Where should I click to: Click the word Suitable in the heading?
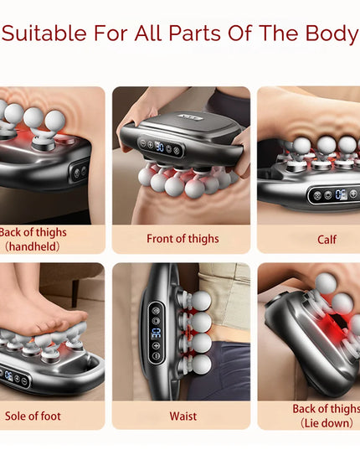tap(44, 33)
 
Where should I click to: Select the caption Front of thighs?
tap(183, 239)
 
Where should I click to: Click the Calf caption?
tap(327, 240)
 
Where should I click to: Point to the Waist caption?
tap(183, 416)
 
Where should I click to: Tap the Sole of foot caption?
tap(33, 416)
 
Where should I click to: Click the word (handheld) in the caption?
tap(33, 246)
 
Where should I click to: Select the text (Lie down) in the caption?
tap(327, 423)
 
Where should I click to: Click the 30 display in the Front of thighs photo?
tap(159, 147)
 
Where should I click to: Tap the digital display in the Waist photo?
tap(157, 333)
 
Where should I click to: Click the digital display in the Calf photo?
tap(341, 194)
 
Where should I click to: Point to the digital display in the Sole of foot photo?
tap(8, 375)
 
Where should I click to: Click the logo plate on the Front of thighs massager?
tap(191, 117)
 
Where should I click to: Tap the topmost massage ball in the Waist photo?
tap(201, 301)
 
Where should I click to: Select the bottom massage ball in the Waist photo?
tap(201, 365)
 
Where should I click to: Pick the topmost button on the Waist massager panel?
tap(156, 311)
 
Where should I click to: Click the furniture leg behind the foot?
tap(75, 293)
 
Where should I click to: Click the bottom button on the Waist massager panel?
tap(156, 356)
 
